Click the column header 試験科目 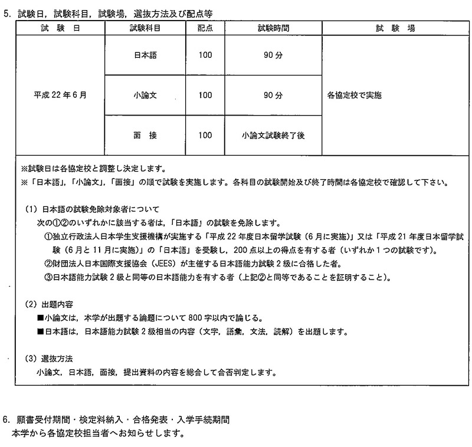click(145, 28)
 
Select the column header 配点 click(205, 28)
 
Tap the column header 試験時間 click(273, 28)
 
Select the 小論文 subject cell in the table click(145, 94)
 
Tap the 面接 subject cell click(145, 135)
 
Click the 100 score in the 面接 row click(205, 135)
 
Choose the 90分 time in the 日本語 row click(273, 54)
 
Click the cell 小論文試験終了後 click(273, 135)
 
